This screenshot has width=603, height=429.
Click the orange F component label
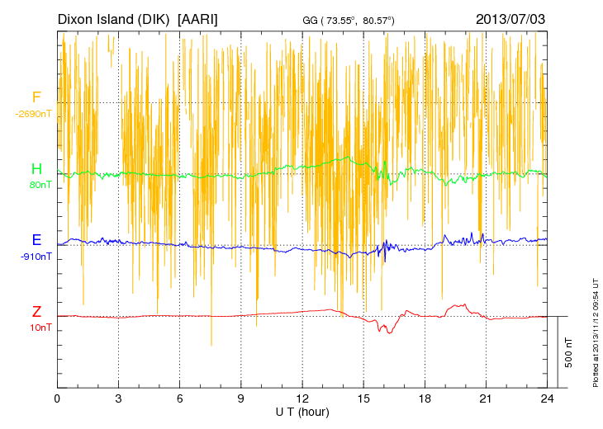(36, 97)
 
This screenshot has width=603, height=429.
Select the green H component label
(36, 169)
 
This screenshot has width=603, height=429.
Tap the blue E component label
(36, 240)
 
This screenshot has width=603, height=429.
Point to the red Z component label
(36, 312)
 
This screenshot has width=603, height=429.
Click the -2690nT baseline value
(34, 114)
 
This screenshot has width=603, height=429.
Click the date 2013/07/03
(510, 18)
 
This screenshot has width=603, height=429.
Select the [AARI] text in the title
(198, 18)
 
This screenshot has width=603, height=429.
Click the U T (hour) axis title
(303, 412)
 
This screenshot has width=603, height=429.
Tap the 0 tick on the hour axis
(57, 398)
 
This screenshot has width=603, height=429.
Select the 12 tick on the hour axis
(302, 398)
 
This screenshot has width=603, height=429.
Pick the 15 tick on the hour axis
(363, 398)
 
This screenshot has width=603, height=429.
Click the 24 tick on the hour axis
(548, 398)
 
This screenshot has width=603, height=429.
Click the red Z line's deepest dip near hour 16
(382, 332)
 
